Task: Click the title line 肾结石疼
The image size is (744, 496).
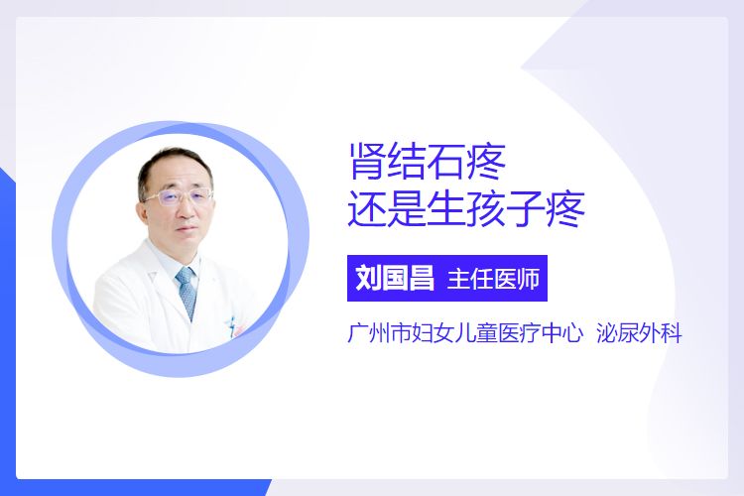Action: click(x=428, y=162)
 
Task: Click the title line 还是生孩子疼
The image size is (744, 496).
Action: click(x=466, y=209)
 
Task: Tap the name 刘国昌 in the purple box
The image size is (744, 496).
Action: click(x=395, y=278)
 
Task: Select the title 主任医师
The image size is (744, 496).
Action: click(x=493, y=279)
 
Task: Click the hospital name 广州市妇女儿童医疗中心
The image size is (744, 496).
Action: click(x=465, y=333)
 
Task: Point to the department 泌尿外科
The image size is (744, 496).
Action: click(x=639, y=333)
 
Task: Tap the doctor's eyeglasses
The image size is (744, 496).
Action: click(x=178, y=197)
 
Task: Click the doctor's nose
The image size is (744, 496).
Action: click(x=186, y=209)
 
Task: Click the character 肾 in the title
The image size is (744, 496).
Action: click(x=365, y=162)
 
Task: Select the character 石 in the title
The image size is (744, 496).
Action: click(x=446, y=162)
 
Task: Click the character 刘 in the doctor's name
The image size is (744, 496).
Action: click(x=369, y=278)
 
